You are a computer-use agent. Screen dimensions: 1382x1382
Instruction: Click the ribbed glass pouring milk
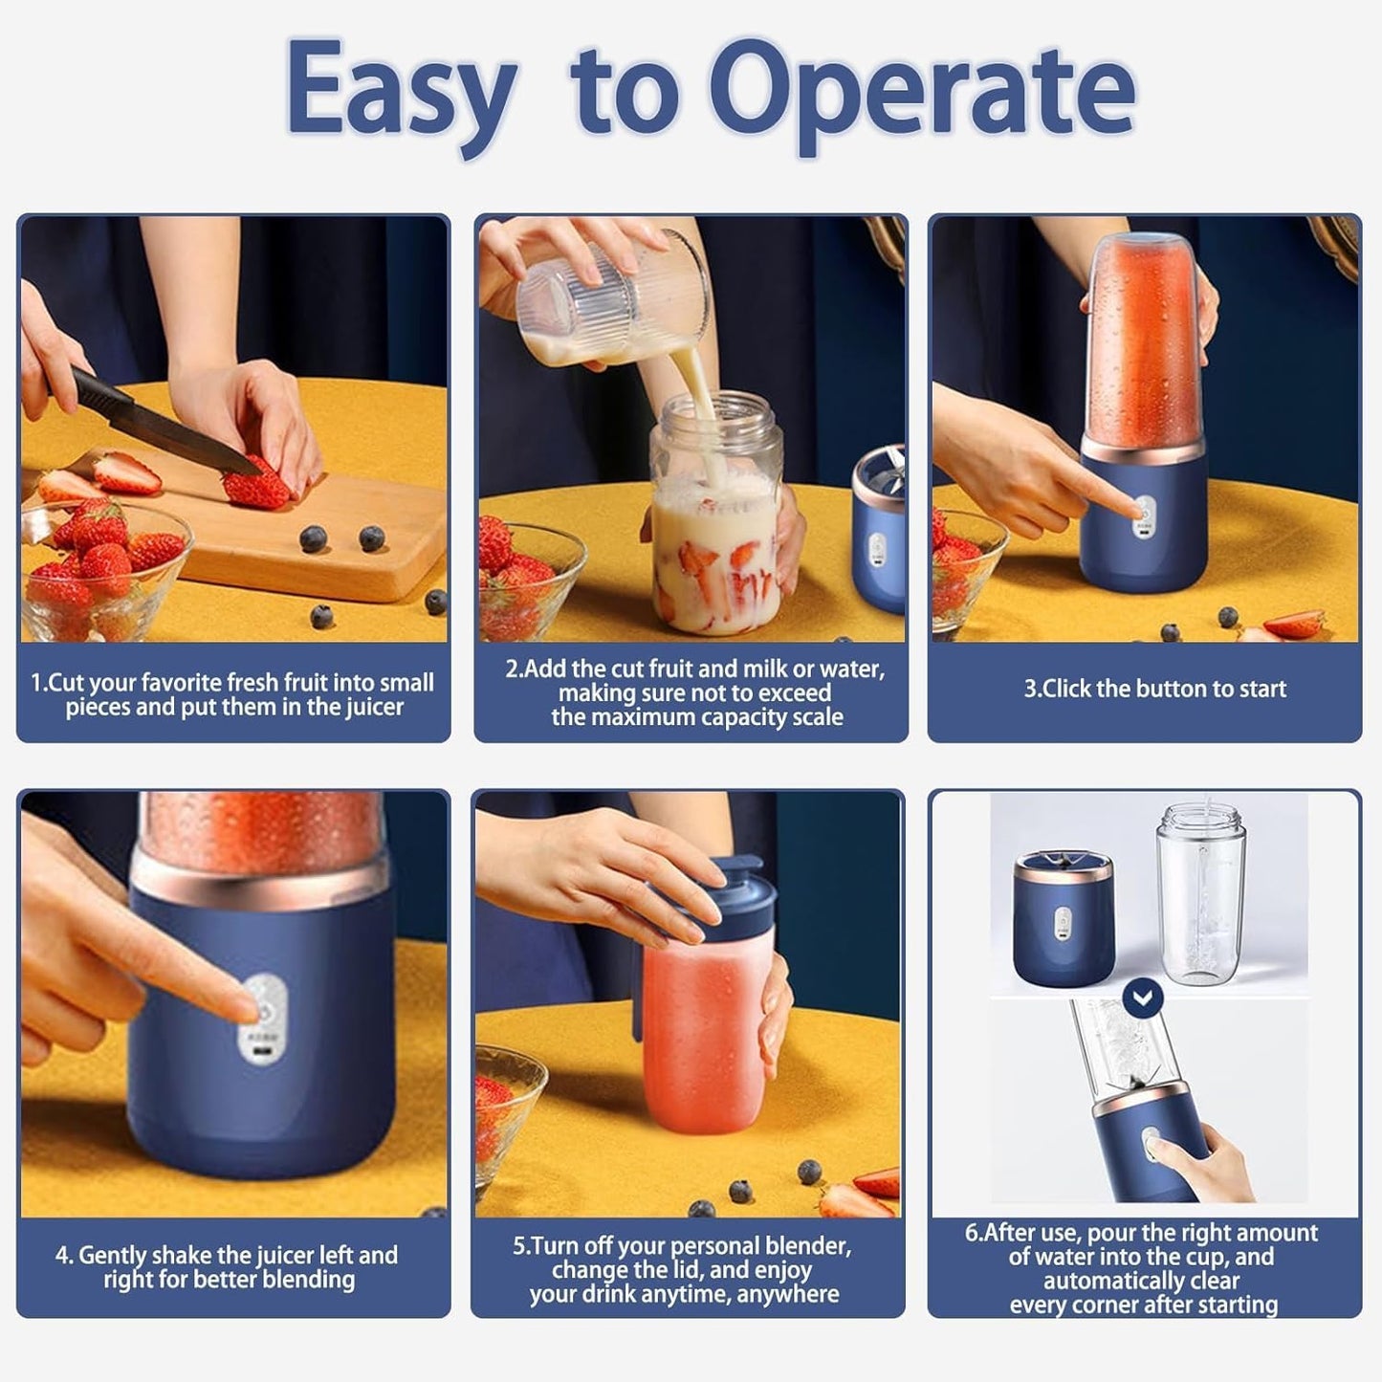(x=612, y=296)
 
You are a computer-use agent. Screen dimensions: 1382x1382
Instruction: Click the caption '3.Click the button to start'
(x=1154, y=689)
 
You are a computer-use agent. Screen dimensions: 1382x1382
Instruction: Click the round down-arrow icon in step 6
(x=1144, y=998)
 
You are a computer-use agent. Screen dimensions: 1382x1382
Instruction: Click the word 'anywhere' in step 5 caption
(x=791, y=1294)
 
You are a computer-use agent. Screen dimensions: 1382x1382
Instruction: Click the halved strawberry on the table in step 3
(x=1293, y=625)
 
